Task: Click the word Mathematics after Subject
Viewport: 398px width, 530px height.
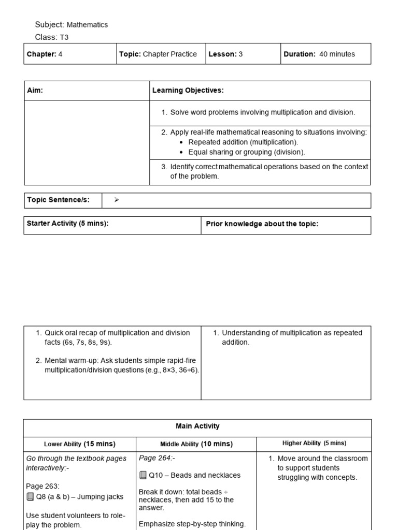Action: (x=87, y=25)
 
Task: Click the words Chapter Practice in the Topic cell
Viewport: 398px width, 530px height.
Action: (x=169, y=54)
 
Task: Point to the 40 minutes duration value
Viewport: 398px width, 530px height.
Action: (x=337, y=54)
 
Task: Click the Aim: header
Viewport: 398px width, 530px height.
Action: (x=35, y=91)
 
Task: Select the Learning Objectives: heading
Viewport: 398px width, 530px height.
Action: (x=188, y=91)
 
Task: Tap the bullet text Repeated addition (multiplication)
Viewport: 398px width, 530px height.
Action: (x=243, y=142)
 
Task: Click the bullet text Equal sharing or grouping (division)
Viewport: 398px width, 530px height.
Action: (x=247, y=152)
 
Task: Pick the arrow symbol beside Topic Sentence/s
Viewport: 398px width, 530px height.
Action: (x=117, y=200)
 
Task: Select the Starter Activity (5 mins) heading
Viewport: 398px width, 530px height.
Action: (x=67, y=224)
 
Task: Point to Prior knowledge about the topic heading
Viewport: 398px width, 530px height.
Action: (x=262, y=224)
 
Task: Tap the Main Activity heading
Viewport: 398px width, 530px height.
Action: (x=197, y=426)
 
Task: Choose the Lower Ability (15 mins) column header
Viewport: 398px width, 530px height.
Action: (x=79, y=444)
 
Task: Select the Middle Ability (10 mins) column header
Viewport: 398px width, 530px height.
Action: (x=196, y=444)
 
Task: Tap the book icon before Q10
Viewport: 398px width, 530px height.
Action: (x=143, y=476)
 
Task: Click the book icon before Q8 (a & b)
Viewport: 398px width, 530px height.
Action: (x=30, y=497)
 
